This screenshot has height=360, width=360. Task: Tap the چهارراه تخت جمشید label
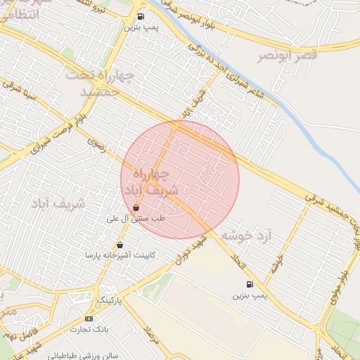pyautogui.click(x=99, y=83)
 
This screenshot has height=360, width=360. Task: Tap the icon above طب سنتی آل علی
pyautogui.click(x=136, y=207)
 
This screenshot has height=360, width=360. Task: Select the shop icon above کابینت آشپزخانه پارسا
pyautogui.click(x=120, y=245)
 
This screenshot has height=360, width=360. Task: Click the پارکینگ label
pyautogui.click(x=109, y=300)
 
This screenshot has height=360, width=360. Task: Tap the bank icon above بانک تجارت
pyautogui.click(x=89, y=318)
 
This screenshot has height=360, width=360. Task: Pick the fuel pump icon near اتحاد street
pyautogui.click(x=250, y=284)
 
